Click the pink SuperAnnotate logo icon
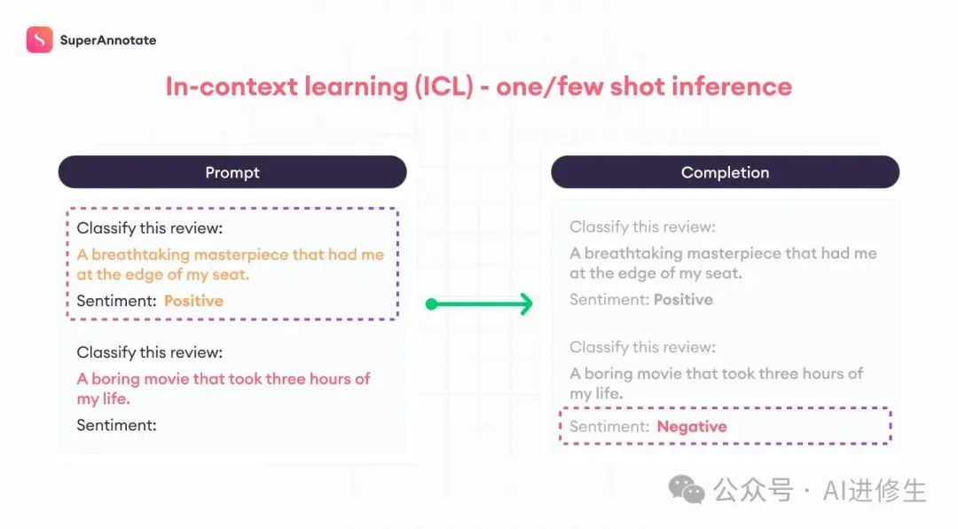click(x=40, y=40)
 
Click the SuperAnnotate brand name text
click(x=108, y=40)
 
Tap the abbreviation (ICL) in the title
click(x=444, y=87)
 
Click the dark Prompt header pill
click(x=232, y=172)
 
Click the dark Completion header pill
click(x=726, y=172)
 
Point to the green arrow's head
click(x=525, y=304)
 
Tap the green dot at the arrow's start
click(x=431, y=304)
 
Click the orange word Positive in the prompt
click(x=193, y=301)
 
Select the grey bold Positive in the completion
click(x=683, y=300)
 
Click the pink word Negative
click(x=692, y=426)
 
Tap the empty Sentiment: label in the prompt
click(x=117, y=425)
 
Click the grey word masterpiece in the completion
click(x=734, y=253)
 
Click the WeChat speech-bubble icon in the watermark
click(x=687, y=489)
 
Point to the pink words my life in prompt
click(x=102, y=399)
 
